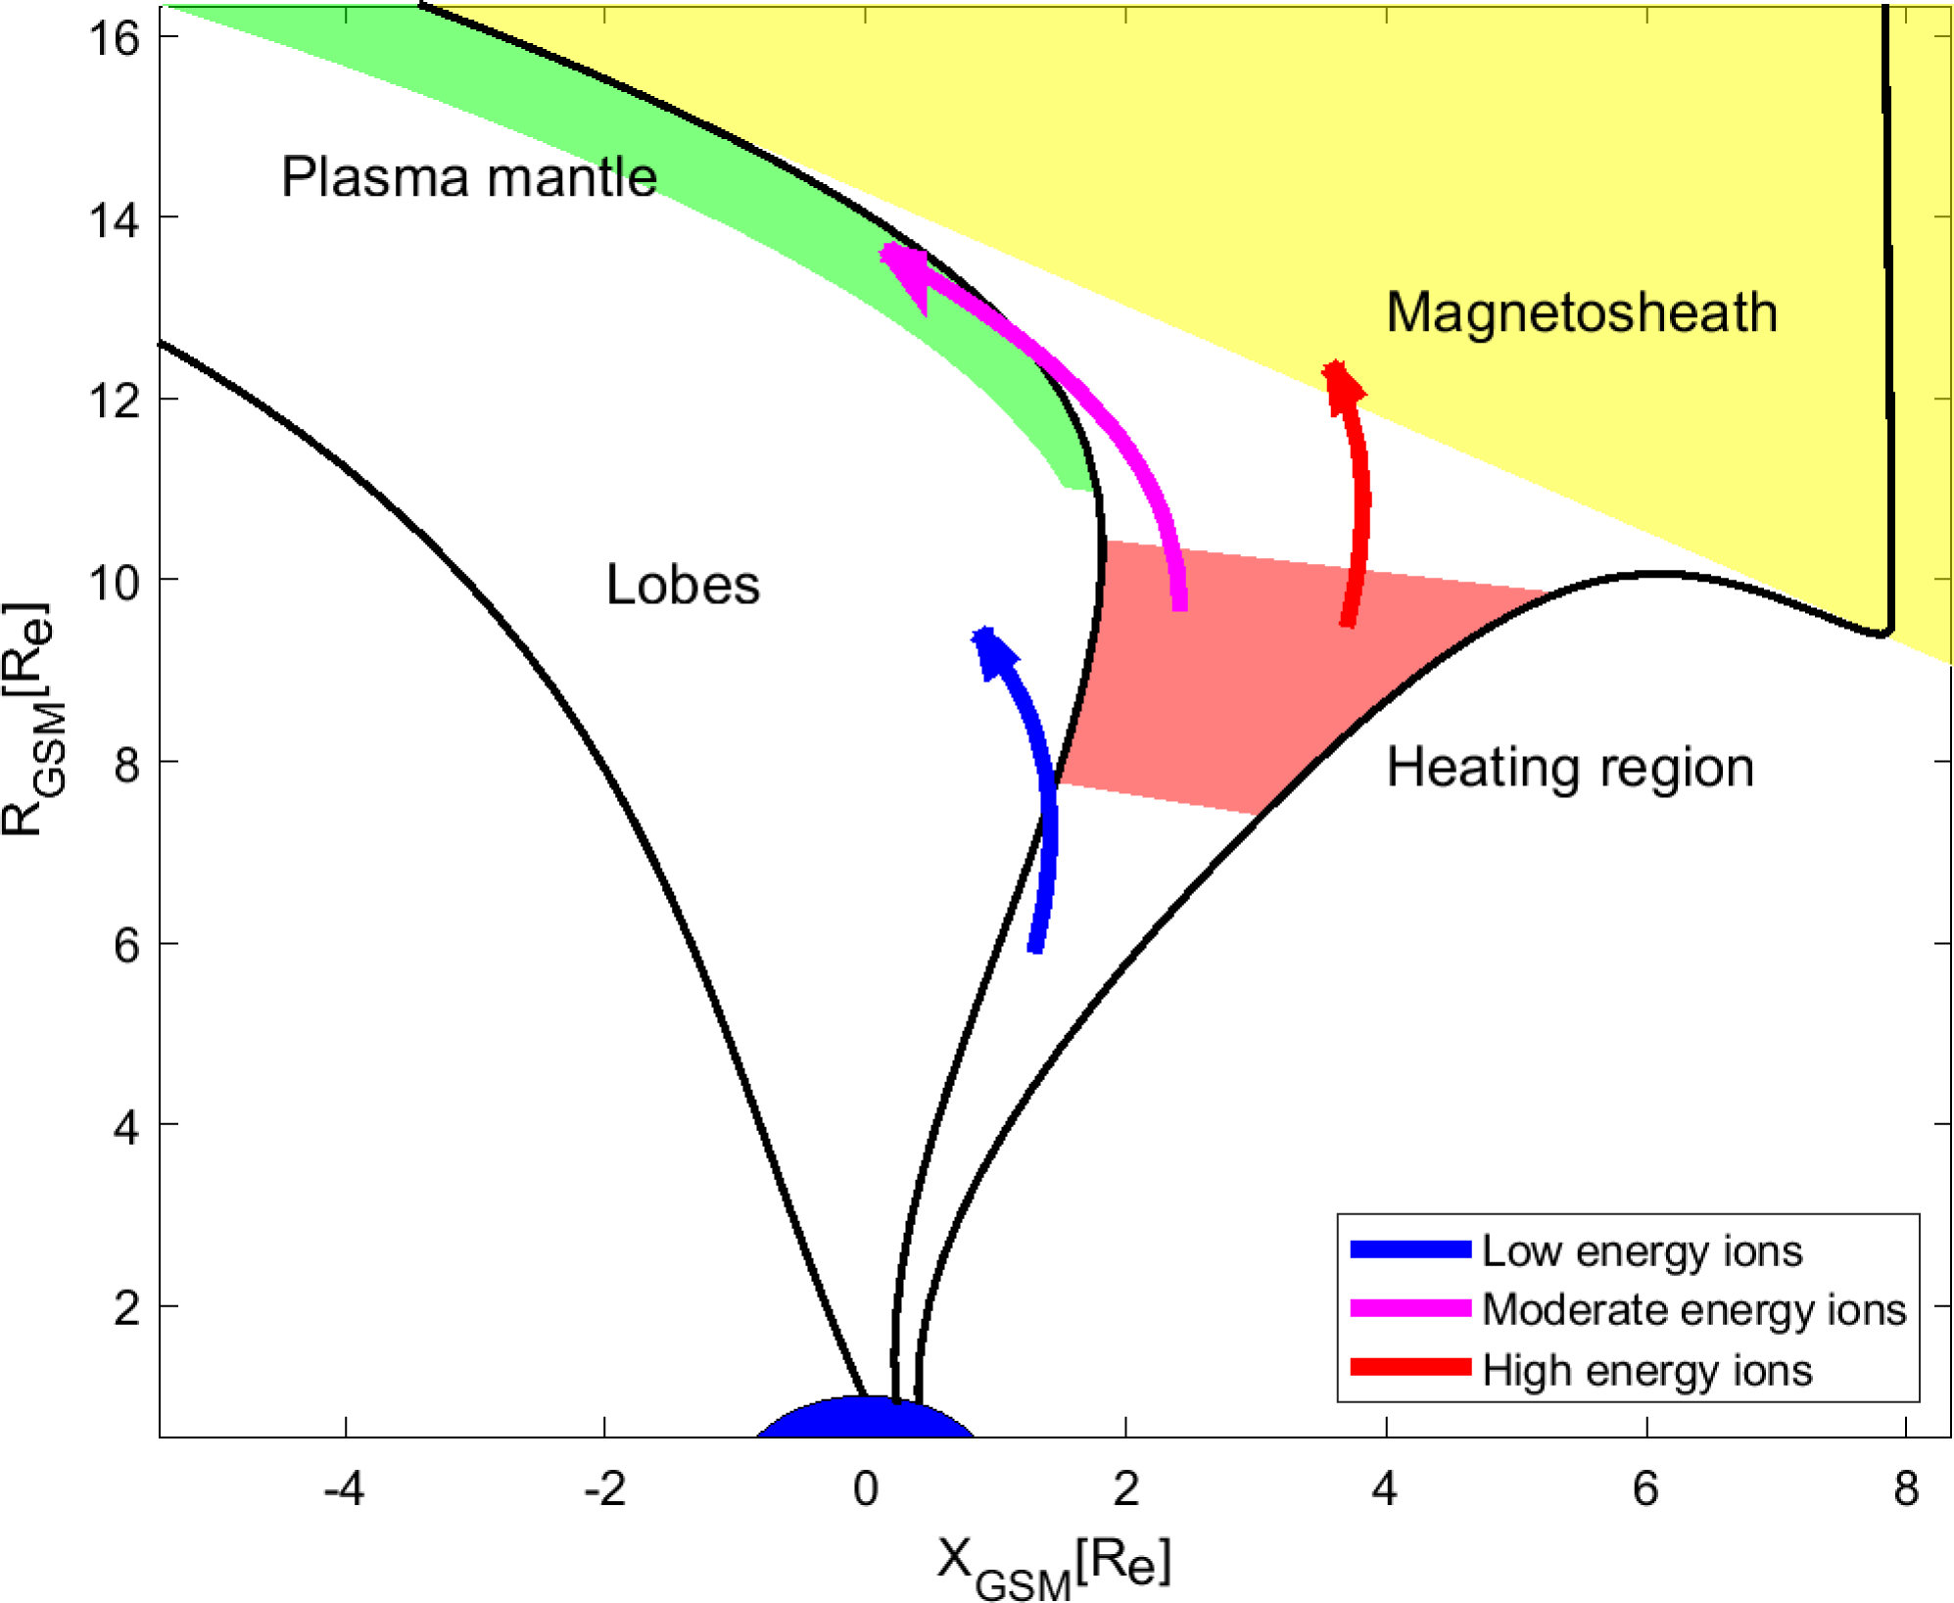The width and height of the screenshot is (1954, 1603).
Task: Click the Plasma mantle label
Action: click(x=468, y=177)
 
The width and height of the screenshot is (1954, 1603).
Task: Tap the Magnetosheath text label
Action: click(x=1581, y=313)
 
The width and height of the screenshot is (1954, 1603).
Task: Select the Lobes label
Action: click(x=683, y=585)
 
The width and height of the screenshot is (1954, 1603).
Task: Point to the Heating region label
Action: click(x=1569, y=767)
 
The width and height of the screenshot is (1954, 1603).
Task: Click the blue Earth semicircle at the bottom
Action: click(x=866, y=1419)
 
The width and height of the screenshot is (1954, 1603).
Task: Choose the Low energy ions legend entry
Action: click(x=1642, y=1250)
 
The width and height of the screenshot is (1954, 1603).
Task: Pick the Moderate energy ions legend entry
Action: click(x=1693, y=1309)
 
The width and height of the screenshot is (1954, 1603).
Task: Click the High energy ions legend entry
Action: click(x=1646, y=1370)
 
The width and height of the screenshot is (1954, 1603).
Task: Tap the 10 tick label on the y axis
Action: click(x=115, y=582)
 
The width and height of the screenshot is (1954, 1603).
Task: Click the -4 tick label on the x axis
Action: click(x=344, y=1489)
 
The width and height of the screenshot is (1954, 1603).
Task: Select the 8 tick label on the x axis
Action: click(x=1905, y=1489)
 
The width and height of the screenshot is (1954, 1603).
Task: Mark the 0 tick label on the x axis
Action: click(x=866, y=1489)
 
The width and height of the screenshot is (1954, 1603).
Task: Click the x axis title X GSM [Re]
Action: click(x=1053, y=1566)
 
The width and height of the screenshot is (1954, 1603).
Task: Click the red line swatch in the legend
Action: click(x=1410, y=1368)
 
